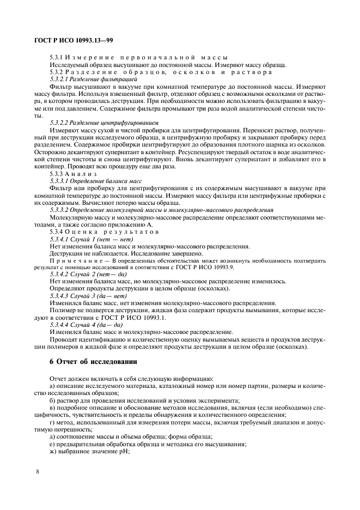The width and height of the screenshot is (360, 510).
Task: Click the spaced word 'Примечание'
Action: pos(75,261)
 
